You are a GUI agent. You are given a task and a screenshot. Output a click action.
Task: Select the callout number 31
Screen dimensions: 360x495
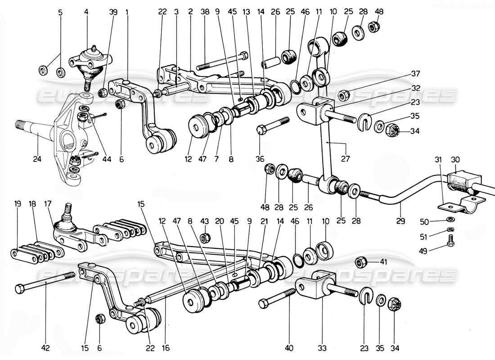[x=439, y=160]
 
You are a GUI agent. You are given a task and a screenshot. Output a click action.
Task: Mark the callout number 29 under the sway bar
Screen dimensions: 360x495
[x=401, y=221]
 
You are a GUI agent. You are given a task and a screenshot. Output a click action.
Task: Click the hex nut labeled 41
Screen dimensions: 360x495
[x=360, y=261]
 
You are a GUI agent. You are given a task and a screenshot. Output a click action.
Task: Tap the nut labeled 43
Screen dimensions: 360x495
[x=204, y=237]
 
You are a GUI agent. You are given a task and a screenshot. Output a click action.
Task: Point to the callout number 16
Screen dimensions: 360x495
[x=166, y=347]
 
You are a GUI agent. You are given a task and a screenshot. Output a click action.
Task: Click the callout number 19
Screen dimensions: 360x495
[x=18, y=203]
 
